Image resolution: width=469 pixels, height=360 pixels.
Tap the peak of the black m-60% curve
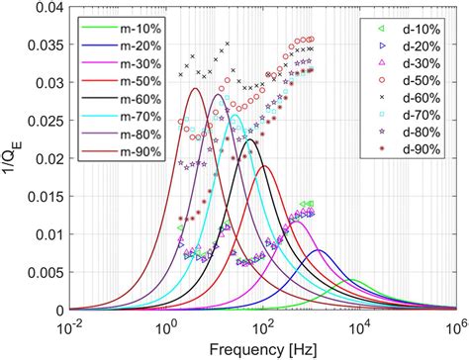coord(251,140)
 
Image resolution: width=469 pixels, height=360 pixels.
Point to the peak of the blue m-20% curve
coord(319,250)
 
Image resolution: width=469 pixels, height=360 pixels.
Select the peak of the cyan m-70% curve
coord(235,115)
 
